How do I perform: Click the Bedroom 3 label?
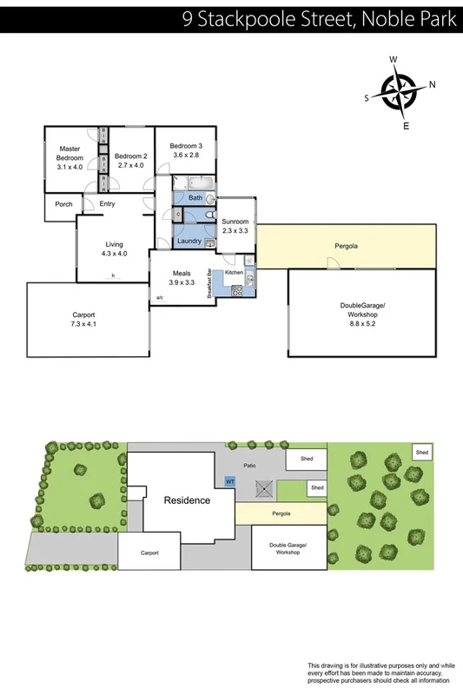(x=185, y=145)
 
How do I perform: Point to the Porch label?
(x=63, y=205)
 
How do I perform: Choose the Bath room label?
(x=195, y=198)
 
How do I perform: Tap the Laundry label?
(x=189, y=241)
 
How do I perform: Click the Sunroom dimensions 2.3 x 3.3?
(x=235, y=231)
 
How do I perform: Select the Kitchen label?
(x=235, y=273)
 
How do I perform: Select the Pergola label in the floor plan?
(x=347, y=247)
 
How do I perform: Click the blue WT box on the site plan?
(x=230, y=480)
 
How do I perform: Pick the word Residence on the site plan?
(x=187, y=500)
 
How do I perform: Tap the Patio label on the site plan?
(x=250, y=466)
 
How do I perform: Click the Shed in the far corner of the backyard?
(x=421, y=453)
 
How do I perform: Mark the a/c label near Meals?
(x=160, y=299)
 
